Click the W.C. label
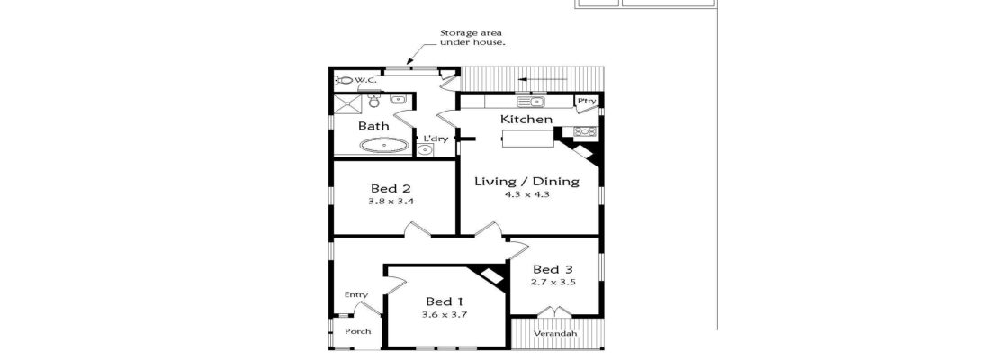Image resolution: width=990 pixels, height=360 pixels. click(365, 81)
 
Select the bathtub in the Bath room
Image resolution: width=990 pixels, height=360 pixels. click(384, 145)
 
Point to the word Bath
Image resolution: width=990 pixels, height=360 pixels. click(373, 126)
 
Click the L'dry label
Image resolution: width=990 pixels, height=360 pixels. click(436, 139)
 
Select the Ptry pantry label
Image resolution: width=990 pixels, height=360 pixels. click(587, 101)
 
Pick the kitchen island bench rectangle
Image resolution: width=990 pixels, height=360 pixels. click(528, 138)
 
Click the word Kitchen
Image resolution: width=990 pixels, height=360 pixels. click(526, 120)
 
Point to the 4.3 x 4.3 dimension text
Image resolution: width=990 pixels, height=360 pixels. click(526, 194)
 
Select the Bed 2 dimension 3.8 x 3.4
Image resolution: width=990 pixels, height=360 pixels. click(391, 202)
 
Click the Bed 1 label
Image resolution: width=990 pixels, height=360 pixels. click(445, 301)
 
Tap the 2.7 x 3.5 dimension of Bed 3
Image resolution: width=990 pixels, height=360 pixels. click(553, 283)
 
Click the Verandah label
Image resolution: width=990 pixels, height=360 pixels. click(554, 334)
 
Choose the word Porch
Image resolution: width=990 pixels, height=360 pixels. click(358, 331)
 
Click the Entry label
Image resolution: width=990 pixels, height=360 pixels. click(356, 295)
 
